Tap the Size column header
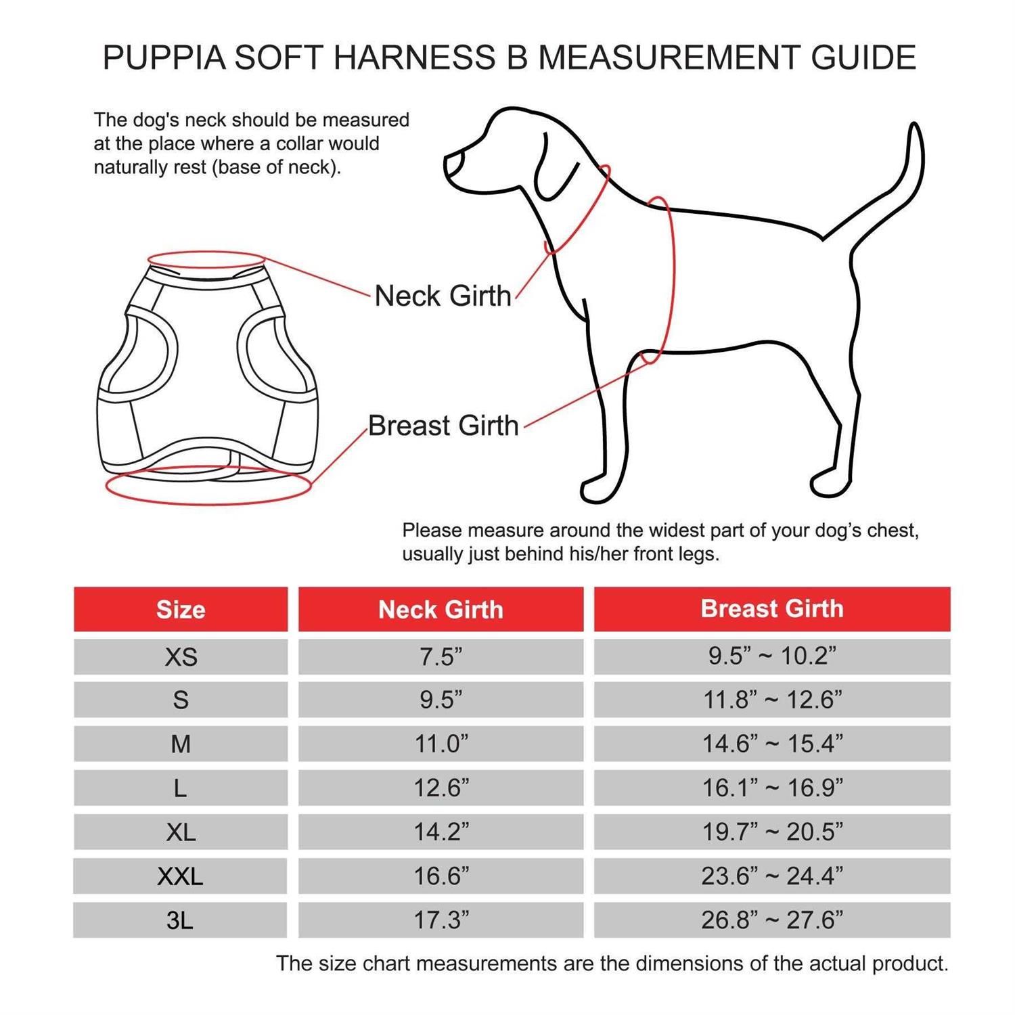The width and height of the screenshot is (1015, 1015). pos(181,610)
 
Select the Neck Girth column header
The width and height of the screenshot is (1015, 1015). pos(441,610)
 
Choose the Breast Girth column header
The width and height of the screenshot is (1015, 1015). pos(772,609)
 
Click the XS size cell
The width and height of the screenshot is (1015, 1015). pos(181,656)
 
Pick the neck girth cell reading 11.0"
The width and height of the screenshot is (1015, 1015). pos(441,744)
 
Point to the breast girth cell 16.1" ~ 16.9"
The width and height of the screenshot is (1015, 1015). pos(772,788)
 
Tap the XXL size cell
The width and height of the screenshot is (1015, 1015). pos(181,876)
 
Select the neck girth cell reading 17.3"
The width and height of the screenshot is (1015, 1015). pos(441,920)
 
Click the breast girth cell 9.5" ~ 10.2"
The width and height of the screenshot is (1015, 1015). pos(772,656)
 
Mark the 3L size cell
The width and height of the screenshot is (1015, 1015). pos(181,920)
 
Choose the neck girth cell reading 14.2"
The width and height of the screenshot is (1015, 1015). pos(441,832)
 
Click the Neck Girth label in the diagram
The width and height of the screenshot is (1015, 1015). pos(443,296)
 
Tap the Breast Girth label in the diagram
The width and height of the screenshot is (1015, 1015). pos(443,426)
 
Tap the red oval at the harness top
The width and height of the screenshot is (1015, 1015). pos(206,260)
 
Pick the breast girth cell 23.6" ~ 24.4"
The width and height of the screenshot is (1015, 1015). pos(772,876)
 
